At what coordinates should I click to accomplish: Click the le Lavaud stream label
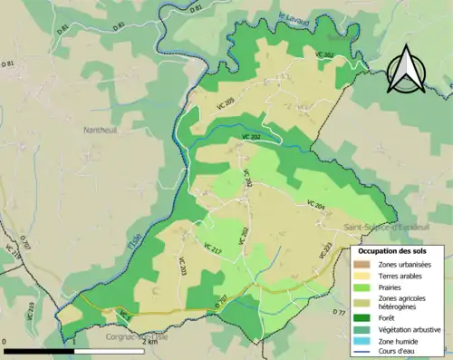(294, 17)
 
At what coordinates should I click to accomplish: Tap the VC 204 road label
(314, 206)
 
